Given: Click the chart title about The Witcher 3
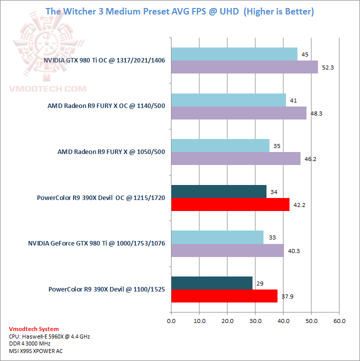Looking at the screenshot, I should pos(180,11).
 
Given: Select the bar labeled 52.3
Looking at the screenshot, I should pos(244,67).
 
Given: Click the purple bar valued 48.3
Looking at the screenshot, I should pos(238,113).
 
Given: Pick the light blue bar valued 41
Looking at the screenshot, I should pos(228,100).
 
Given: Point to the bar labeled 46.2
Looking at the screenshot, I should pos(235,158).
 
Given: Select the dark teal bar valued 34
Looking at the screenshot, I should pos(218,191).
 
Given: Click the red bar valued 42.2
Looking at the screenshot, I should pos(230,204).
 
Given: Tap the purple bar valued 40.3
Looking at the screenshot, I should pos(227,250).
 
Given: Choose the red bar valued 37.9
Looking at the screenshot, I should pos(224,296).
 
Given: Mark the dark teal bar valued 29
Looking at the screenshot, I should pos(211,283).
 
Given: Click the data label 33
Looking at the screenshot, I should pos(272,237).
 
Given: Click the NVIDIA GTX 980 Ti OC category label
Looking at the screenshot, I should pos(104,60).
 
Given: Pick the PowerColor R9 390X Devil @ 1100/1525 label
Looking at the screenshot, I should pos(106,289).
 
